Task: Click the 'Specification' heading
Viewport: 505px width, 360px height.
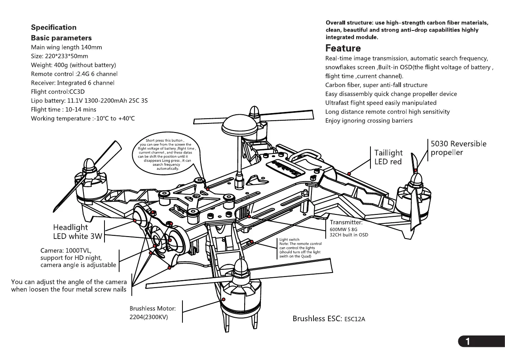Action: coord(54,28)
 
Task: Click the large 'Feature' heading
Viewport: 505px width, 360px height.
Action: coord(343,49)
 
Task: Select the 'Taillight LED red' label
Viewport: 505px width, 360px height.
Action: coord(388,157)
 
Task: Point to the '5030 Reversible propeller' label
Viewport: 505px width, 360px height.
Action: coord(458,148)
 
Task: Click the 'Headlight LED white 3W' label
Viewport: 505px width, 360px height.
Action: coord(78,232)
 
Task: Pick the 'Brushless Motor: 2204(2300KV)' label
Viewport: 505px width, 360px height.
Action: coord(152,313)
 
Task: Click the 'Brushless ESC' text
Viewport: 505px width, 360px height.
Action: coord(328,318)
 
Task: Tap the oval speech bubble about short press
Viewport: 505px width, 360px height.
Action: coord(168,154)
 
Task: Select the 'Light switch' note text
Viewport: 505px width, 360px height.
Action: coord(300,248)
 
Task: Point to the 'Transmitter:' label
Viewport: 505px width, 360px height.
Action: coord(346,222)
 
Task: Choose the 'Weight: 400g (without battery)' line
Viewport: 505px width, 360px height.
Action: coord(73,65)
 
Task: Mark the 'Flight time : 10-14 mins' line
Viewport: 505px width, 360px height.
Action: coord(63,110)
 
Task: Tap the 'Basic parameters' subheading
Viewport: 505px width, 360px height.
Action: coord(61,38)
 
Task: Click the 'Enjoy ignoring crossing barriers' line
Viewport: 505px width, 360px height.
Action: coord(369,121)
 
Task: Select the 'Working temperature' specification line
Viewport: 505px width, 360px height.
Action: coord(83,119)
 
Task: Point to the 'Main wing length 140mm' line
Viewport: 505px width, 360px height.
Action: coord(66,47)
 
